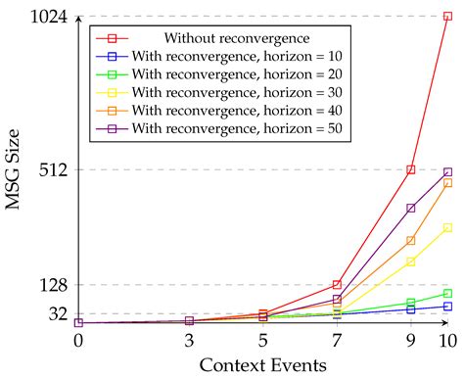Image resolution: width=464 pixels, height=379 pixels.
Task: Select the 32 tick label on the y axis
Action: pos(55,313)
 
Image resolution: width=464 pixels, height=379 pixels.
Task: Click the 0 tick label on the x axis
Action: pos(78,340)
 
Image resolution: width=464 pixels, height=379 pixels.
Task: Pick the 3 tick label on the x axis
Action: pos(189,340)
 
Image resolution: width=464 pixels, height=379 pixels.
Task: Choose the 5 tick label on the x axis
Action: pos(263,340)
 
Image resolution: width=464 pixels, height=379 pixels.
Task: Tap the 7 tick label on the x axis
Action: pos(337,340)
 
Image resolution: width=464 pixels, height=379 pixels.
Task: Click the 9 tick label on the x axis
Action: pos(411,340)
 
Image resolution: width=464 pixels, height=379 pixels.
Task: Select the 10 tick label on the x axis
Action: pos(447,340)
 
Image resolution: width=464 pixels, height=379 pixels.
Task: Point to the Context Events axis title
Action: pos(262,365)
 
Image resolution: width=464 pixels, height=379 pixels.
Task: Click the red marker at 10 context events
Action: pos(447,17)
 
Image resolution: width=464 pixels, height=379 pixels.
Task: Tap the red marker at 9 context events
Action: pos(411,169)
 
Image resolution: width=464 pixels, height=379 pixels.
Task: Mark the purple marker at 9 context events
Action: pos(411,208)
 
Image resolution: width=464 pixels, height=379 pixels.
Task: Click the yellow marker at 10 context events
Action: pos(447,227)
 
